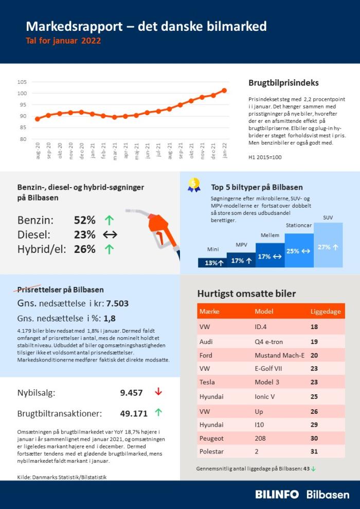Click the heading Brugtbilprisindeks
pyautogui.click(x=283, y=83)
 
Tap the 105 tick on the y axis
pyautogui.click(x=22, y=82)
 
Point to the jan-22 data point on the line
pyautogui.click(x=224, y=90)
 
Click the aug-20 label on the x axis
pyautogui.click(x=38, y=151)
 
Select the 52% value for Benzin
pyautogui.click(x=84, y=221)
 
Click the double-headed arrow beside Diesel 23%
pyautogui.click(x=110, y=235)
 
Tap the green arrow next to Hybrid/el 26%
pyautogui.click(x=109, y=249)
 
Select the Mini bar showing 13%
pyautogui.click(x=212, y=263)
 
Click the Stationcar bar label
pyautogui.click(x=299, y=225)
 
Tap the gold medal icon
pyautogui.click(x=194, y=185)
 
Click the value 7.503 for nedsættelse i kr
pyautogui.click(x=117, y=303)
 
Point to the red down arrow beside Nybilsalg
pyautogui.click(x=158, y=392)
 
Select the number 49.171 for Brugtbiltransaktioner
pyautogui.click(x=134, y=413)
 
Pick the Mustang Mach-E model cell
pyautogui.click(x=279, y=355)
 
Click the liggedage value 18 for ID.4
pyautogui.click(x=314, y=327)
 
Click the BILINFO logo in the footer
pyautogui.click(x=277, y=495)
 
